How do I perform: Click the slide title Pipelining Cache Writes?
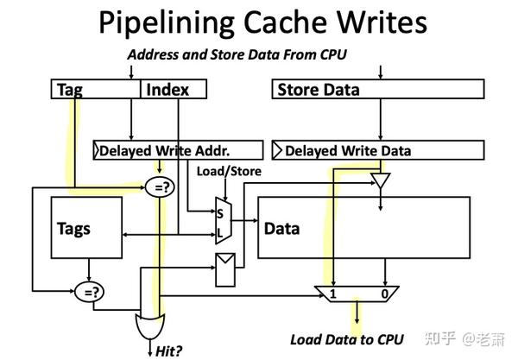pyautogui.click(x=258, y=22)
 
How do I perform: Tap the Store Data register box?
pyautogui.click(x=377, y=90)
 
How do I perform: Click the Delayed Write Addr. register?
pyautogui.click(x=178, y=150)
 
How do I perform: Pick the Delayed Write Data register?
pyautogui.click(x=377, y=150)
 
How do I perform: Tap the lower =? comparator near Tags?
pyautogui.click(x=88, y=291)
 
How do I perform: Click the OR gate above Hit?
pyautogui.click(x=147, y=327)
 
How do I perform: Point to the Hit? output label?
pyautogui.click(x=168, y=351)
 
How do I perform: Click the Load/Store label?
pyautogui.click(x=229, y=171)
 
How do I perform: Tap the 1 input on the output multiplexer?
pyautogui.click(x=332, y=295)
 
